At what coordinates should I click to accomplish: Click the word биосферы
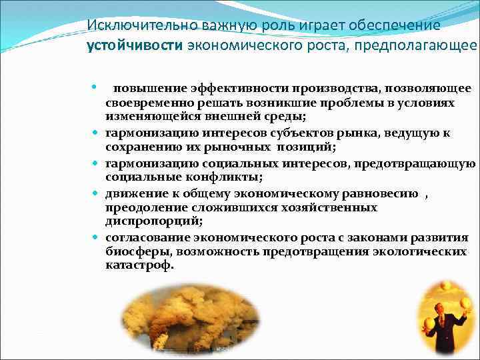point(135,251)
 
